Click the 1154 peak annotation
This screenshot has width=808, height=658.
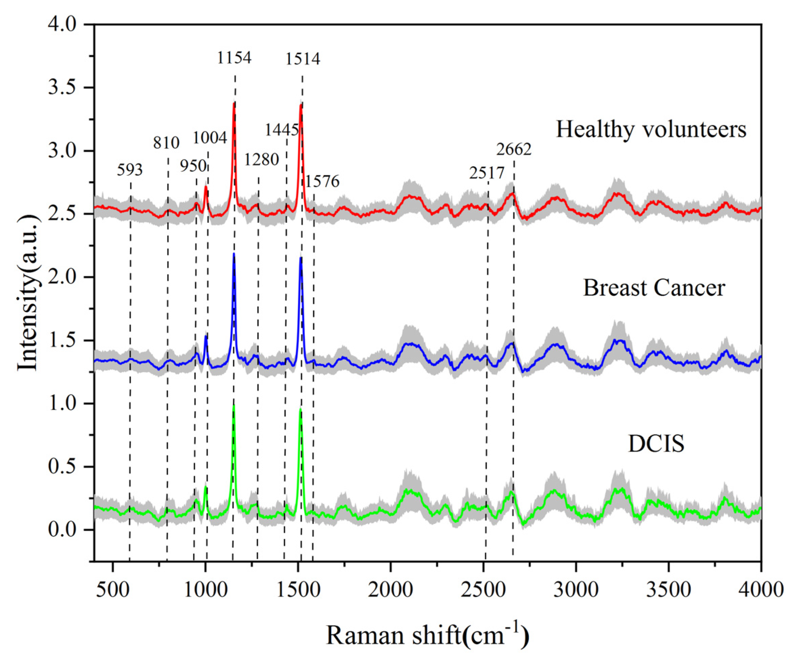click(234, 58)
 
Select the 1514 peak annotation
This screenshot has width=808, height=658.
click(303, 59)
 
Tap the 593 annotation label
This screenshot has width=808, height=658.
click(130, 170)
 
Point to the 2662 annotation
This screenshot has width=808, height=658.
click(514, 150)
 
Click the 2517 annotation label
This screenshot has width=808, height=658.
click(487, 173)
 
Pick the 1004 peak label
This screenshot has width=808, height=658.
click(210, 138)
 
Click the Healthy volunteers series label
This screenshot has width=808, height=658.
click(651, 129)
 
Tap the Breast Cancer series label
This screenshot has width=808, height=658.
click(654, 288)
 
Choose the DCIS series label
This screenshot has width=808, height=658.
click(656, 444)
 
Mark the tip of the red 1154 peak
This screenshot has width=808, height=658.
click(234, 103)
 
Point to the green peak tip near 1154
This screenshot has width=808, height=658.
click(234, 406)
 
